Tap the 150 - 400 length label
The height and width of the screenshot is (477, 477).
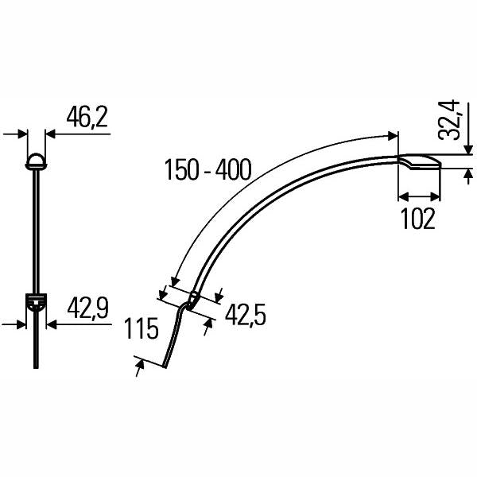(207, 169)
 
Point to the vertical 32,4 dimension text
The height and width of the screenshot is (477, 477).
(450, 119)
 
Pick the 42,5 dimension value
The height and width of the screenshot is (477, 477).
(245, 316)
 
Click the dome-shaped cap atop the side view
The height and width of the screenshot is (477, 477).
(36, 161)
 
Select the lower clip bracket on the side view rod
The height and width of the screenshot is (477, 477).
(36, 301)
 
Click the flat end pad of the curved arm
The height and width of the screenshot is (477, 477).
(419, 163)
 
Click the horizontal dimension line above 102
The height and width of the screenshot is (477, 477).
(418, 196)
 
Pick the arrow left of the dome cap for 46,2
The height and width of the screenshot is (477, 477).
(21, 134)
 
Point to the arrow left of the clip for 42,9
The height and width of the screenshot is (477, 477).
(21, 324)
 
